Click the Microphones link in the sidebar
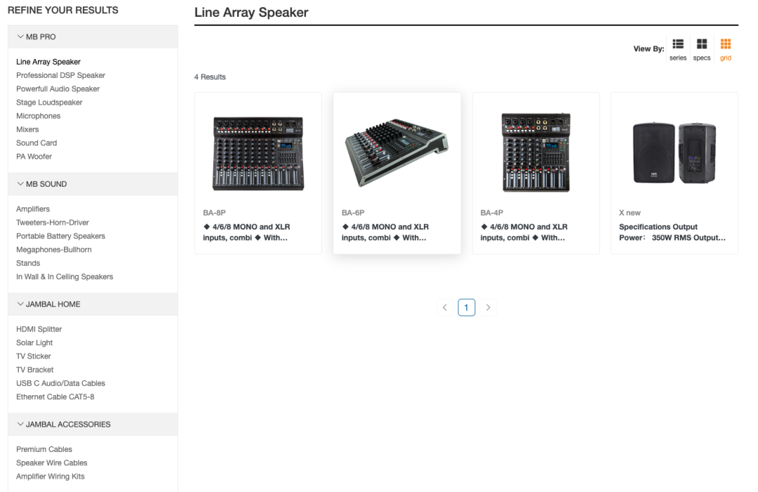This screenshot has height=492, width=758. (39, 116)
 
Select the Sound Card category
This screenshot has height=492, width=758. (36, 143)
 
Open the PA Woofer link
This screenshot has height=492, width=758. (34, 157)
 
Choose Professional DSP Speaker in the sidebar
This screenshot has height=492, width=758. (60, 75)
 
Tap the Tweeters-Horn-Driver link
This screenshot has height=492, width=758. (53, 222)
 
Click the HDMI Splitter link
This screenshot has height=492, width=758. (39, 329)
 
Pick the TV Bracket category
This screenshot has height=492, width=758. (35, 370)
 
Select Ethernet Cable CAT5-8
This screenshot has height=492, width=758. (55, 397)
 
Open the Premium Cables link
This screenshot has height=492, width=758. (44, 449)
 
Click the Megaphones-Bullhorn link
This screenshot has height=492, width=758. (54, 250)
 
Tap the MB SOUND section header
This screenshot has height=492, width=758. (46, 184)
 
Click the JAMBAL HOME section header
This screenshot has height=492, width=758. (53, 304)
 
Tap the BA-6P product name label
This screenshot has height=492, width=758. (353, 213)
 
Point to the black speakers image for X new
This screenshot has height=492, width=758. (674, 153)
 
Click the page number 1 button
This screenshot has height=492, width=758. (467, 307)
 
